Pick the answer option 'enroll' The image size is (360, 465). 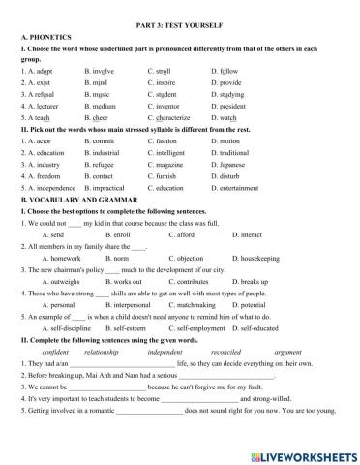111,234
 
